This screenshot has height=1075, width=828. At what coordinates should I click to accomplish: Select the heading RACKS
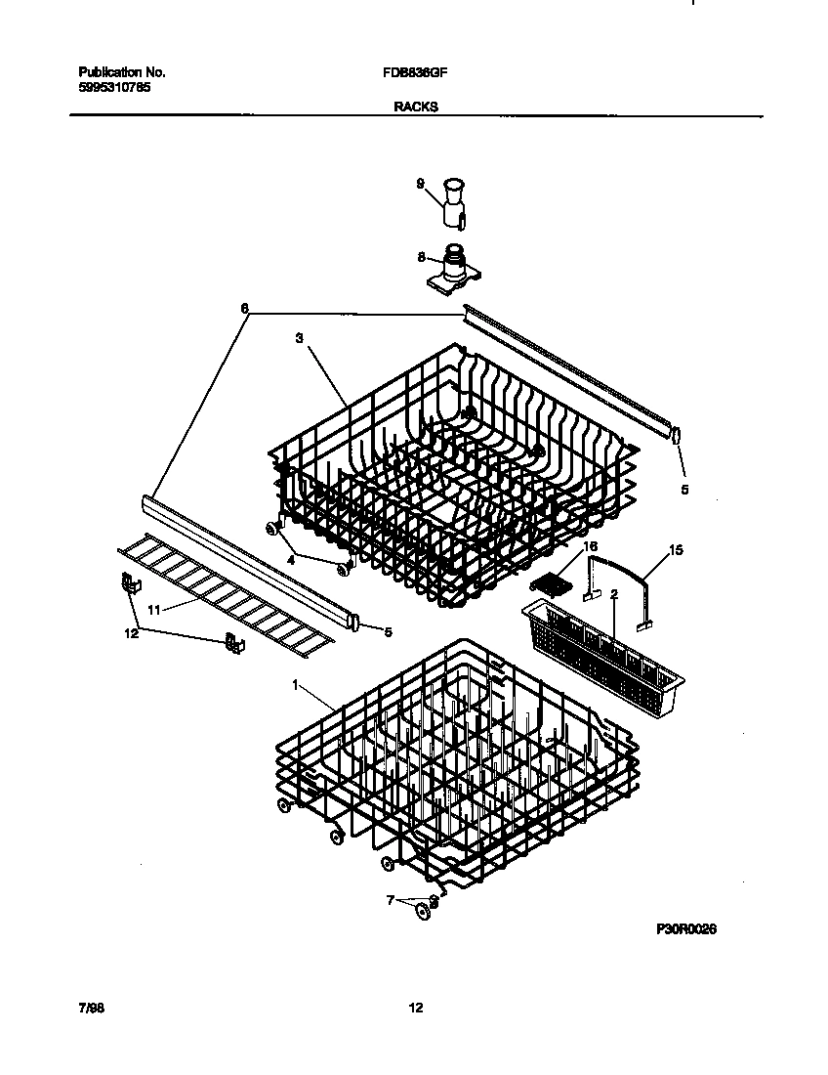[x=415, y=108]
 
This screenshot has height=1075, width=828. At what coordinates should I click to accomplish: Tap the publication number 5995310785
[x=114, y=87]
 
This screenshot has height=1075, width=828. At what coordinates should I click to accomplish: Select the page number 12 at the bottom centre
[x=415, y=1008]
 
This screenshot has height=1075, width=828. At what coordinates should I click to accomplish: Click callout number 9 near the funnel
[x=421, y=183]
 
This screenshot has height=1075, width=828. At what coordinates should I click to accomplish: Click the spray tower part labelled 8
[x=451, y=268]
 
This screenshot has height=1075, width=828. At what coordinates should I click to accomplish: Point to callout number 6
[x=244, y=308]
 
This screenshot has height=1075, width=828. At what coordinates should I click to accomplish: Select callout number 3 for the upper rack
[x=299, y=338]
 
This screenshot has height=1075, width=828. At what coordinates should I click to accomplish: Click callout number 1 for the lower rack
[x=295, y=686]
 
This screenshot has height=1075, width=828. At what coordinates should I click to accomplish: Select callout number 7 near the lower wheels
[x=393, y=900]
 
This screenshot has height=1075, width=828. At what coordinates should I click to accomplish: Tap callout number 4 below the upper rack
[x=289, y=560]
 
